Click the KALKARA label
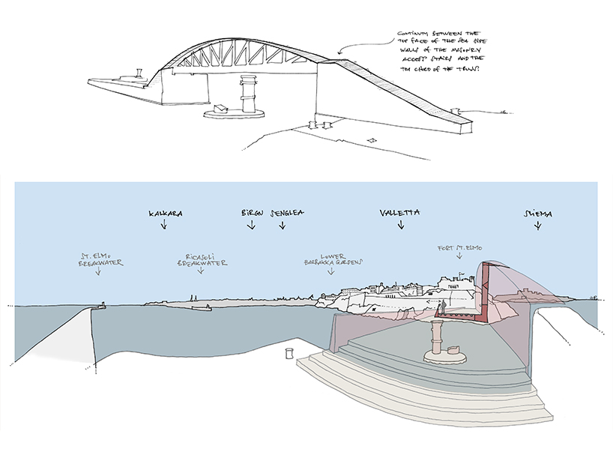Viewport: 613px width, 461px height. click(166, 213)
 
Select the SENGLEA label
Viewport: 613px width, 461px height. click(285, 213)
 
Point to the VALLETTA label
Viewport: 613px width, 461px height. click(399, 213)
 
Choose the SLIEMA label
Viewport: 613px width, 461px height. click(537, 214)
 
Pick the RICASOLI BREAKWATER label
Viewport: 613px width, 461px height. click(202, 259)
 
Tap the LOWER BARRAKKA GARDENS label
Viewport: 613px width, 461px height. click(333, 259)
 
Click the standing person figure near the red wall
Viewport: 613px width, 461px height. click(443, 307)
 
